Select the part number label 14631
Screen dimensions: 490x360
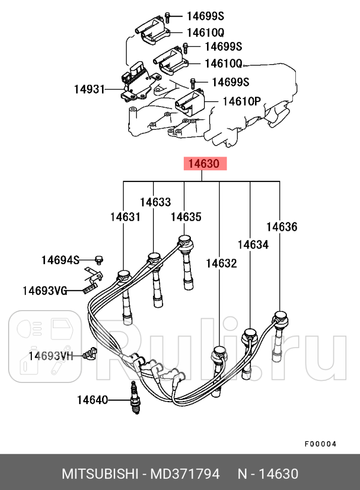coord(125,217)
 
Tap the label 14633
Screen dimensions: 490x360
coord(155,202)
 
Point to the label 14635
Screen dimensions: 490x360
coord(186,217)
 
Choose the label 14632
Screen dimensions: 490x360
coord(221,263)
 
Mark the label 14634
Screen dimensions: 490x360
coord(253,244)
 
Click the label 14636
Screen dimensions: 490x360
coord(282,226)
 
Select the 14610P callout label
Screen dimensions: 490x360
coord(241,101)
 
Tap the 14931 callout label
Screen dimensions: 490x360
coord(89,89)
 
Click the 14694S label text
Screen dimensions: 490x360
coord(60,260)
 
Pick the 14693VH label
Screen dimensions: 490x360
coord(50,356)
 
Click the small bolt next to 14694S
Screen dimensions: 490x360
coord(99,260)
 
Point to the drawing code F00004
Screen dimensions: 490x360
coord(320,444)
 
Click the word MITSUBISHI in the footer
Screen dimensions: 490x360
coord(99,474)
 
